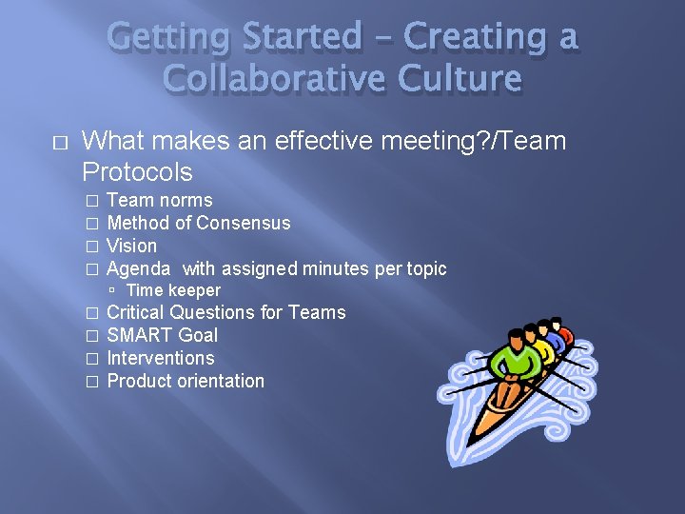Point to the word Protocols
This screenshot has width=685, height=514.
137,172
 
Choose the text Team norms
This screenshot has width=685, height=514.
160,200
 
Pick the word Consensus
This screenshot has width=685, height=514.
243,223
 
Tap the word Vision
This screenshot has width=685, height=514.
132,246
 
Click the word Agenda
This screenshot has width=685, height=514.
139,268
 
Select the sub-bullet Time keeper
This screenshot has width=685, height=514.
173,290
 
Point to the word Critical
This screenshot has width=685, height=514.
135,312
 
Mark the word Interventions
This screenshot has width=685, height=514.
161,358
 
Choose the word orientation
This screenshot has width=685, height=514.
219,381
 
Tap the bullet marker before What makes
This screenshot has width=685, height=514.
61,143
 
